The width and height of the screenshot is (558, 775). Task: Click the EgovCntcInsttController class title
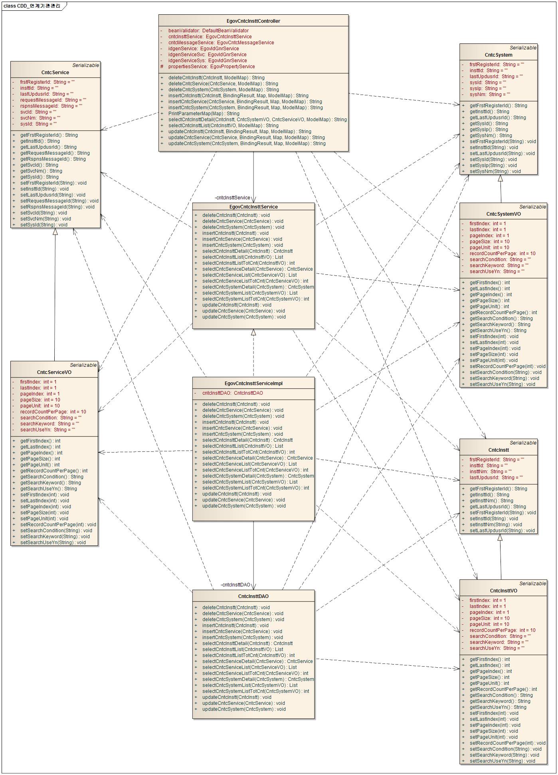[253, 21]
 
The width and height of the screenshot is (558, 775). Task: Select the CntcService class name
[55, 73]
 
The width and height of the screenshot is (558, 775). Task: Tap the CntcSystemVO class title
[503, 214]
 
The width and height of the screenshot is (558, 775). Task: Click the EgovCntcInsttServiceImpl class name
[253, 384]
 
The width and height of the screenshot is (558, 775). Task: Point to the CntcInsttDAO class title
[253, 596]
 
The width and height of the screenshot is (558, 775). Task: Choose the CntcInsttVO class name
[503, 591]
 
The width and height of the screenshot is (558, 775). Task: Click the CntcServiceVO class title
[54, 372]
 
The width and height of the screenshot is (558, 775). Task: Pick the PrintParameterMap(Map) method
[204, 114]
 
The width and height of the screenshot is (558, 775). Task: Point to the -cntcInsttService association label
[232, 198]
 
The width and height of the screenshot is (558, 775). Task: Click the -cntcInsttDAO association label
[235, 585]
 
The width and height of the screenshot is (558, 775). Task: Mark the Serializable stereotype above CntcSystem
[523, 48]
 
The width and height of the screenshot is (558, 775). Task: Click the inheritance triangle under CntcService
[55, 232]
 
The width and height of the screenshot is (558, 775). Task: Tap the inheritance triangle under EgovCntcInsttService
[253, 332]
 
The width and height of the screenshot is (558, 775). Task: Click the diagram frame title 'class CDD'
[32, 6]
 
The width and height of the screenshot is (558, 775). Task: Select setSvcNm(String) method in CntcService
[46, 219]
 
